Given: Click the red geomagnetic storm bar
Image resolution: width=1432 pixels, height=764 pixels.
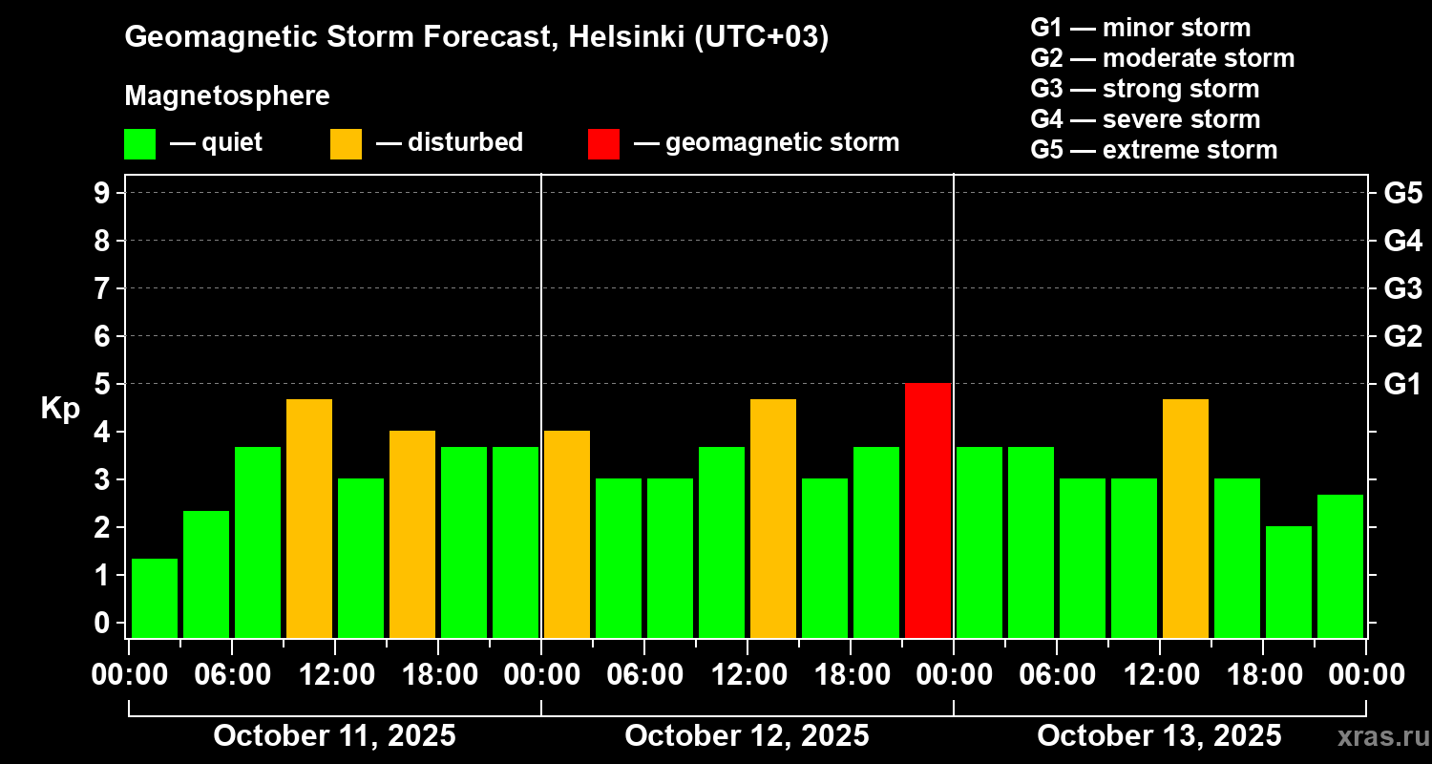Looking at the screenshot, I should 928,510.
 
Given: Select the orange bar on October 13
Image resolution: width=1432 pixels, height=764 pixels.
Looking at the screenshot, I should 1186,518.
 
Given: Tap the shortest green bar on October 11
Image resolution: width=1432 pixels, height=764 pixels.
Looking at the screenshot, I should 155,598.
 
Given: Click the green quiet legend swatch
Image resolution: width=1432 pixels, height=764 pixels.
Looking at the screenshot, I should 140,143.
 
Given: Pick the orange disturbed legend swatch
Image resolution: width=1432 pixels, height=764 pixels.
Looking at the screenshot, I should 347,143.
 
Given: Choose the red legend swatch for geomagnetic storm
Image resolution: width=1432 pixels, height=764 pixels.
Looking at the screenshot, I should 603,143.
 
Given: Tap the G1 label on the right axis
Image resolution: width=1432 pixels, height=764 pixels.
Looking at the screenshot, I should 1402,384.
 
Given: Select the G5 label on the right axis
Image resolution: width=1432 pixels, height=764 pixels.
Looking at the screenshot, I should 1402,193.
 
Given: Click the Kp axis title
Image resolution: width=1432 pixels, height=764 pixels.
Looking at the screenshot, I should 59,409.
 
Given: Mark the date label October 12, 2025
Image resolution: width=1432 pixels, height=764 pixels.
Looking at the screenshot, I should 747,736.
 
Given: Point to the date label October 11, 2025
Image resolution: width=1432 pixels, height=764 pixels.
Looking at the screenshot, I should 334,736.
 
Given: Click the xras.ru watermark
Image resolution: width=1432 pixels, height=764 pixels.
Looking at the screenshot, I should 1379,737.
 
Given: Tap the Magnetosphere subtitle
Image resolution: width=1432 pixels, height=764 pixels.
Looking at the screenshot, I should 227,96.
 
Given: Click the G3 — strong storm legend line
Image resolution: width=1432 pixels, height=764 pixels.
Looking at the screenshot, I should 1145,89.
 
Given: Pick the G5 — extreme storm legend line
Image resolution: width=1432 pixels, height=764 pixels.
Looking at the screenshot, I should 1153,150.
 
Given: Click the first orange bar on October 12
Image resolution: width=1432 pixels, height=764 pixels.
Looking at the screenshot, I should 567,534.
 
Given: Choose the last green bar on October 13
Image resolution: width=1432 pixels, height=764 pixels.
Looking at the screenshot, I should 1340,565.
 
